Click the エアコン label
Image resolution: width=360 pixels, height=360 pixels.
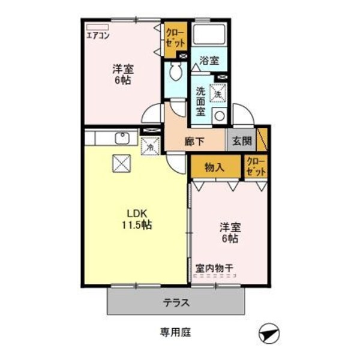(97, 35)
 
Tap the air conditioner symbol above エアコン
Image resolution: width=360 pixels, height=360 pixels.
(97, 27)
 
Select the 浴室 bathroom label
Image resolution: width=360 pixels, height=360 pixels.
(209, 60)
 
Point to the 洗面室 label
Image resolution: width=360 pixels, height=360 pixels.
(200, 102)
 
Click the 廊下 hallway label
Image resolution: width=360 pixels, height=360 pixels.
(195, 143)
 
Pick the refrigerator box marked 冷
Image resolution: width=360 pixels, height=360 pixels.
(150, 145)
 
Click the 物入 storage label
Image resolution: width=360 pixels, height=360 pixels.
(214, 167)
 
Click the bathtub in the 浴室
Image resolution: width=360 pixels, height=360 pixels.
(210, 35)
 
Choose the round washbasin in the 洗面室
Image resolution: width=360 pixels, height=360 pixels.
(219, 115)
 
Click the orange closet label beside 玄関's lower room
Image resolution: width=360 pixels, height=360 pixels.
(256, 167)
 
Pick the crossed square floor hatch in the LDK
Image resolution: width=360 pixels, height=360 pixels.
(122, 163)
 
